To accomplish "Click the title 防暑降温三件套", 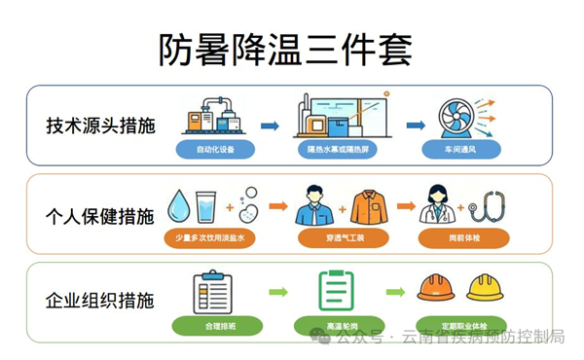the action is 285,51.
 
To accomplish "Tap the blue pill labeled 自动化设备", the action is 215,150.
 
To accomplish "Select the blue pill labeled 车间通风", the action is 461,150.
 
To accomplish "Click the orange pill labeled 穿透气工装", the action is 344,237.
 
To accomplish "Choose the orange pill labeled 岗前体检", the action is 463,237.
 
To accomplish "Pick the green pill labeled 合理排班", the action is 217,326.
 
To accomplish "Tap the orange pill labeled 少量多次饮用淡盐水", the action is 209,237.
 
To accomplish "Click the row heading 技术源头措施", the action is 100,126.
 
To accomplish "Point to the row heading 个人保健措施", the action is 100,217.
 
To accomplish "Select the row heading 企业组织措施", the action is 100,301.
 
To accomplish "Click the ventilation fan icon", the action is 456,119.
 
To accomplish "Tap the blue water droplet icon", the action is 178,206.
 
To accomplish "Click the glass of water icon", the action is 205,207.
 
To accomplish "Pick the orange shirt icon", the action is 369,207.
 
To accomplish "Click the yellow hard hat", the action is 485,287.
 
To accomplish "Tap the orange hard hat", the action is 436,287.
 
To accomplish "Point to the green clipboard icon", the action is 337,291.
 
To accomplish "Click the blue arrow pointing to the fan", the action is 416,126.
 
